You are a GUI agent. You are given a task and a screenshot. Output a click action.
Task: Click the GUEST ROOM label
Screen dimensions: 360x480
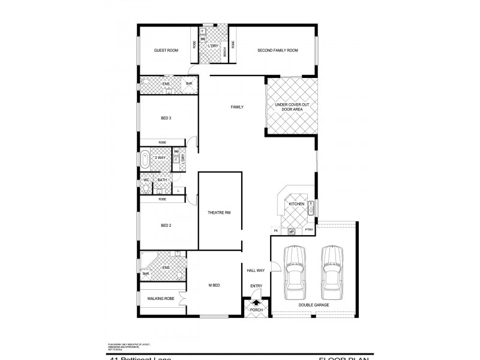(166, 50)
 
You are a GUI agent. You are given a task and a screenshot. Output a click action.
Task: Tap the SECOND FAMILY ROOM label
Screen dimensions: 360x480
(277, 50)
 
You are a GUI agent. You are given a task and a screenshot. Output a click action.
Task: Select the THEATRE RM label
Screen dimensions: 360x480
(219, 213)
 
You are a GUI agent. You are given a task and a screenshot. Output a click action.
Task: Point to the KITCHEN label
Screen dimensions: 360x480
(297, 205)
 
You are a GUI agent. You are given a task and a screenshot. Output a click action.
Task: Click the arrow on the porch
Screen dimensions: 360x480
(257, 303)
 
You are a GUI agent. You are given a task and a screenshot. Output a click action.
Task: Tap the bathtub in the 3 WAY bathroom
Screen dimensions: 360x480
(145, 160)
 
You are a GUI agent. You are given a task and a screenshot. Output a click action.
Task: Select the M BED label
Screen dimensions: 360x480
(214, 285)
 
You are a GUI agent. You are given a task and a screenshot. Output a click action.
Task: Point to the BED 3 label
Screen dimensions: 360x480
(166, 118)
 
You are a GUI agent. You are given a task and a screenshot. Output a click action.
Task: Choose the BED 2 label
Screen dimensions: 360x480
(166, 226)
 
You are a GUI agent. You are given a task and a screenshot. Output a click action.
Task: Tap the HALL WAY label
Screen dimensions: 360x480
(256, 271)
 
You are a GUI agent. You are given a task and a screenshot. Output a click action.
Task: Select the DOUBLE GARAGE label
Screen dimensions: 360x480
(313, 305)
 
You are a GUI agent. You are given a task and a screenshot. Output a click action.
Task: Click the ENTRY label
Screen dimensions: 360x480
(256, 286)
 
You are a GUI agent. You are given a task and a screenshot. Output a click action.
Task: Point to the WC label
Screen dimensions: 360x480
(146, 180)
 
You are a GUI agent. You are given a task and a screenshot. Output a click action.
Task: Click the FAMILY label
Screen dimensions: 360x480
(237, 107)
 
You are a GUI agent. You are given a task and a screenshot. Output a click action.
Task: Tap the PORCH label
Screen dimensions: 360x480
(257, 310)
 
